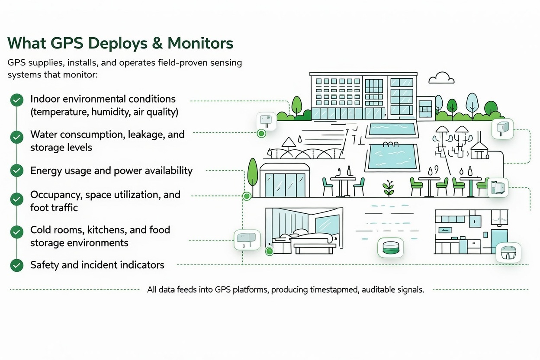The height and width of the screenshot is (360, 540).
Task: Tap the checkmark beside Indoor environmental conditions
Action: tap(16, 100)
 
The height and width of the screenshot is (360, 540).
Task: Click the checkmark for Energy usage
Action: tap(16, 170)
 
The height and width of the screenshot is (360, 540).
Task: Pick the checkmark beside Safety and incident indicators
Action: tap(16, 265)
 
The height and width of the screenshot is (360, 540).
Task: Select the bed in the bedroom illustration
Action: tap(303, 241)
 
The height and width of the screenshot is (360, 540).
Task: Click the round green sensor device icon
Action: tap(390, 248)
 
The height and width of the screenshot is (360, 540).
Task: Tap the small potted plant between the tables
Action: tap(389, 189)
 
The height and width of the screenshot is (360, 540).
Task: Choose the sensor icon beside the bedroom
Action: tap(247, 239)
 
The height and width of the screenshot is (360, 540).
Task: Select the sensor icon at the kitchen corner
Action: tap(508, 252)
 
